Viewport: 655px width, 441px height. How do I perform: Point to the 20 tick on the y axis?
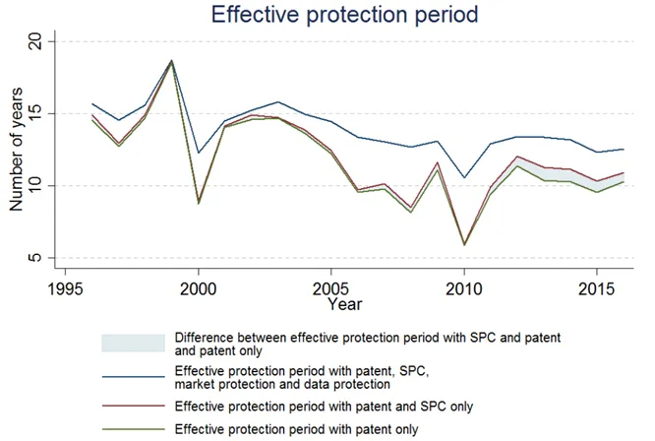tap(36, 41)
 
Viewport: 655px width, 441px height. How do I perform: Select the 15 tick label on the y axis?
tap(36, 114)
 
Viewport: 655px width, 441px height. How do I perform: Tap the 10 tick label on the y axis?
tap(36, 186)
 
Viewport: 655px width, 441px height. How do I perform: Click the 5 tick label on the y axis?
tap(36, 258)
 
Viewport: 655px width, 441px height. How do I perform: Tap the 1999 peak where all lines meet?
tap(172, 61)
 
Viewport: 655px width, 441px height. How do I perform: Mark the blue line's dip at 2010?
tap(464, 178)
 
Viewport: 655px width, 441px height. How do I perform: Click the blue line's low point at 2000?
tap(199, 153)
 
